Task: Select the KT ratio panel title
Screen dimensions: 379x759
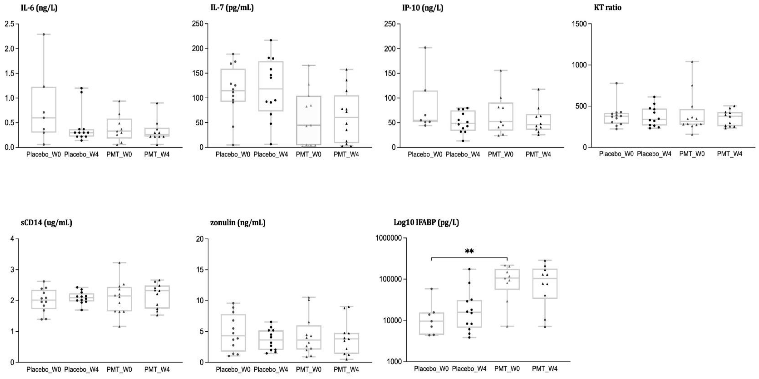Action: (608, 8)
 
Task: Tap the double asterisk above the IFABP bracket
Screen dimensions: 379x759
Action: (469, 251)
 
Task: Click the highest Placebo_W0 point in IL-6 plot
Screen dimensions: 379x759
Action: (44, 34)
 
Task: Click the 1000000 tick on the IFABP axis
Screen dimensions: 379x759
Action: (389, 238)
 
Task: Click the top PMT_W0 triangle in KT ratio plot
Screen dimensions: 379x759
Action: (692, 62)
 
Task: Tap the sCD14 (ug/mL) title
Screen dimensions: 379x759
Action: (46, 223)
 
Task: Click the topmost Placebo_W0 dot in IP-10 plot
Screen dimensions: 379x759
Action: (425, 48)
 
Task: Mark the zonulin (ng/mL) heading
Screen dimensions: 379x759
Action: (237, 223)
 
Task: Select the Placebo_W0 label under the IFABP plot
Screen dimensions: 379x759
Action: (431, 368)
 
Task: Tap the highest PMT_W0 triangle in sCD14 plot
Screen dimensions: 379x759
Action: (119, 263)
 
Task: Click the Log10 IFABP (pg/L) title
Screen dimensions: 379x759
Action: (426, 223)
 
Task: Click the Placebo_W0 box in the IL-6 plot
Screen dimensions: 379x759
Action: (44, 109)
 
